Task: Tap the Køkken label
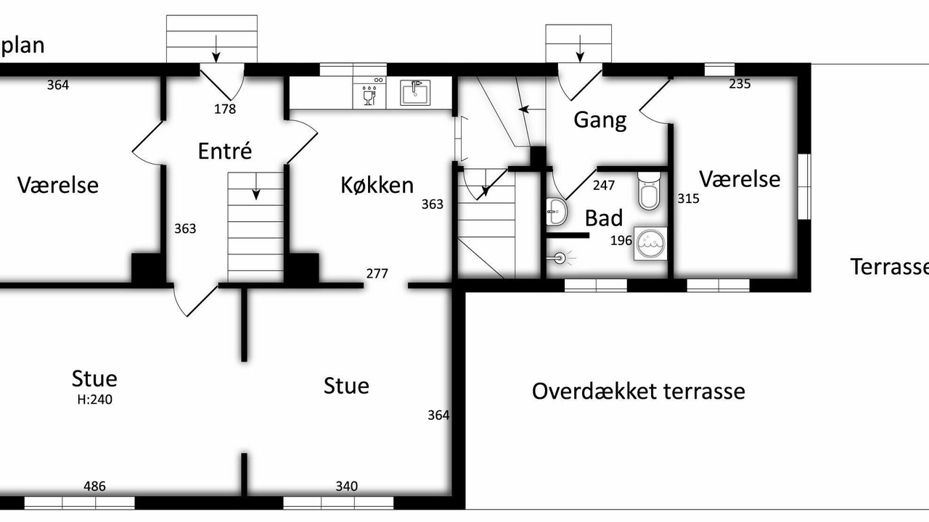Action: pyautogui.click(x=377, y=185)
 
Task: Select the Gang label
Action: pyautogui.click(x=600, y=120)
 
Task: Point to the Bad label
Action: pyautogui.click(x=604, y=218)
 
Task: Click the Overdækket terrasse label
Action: pyautogui.click(x=638, y=391)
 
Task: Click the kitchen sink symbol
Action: pyautogui.click(x=414, y=93)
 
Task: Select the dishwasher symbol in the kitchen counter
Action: pyautogui.click(x=369, y=92)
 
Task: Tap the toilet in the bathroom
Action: pyautogui.click(x=649, y=191)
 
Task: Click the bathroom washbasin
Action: pyautogui.click(x=556, y=212)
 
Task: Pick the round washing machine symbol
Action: pyautogui.click(x=651, y=244)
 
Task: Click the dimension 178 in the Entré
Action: pyautogui.click(x=225, y=109)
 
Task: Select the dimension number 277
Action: pyautogui.click(x=377, y=273)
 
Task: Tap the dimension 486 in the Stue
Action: pyautogui.click(x=94, y=486)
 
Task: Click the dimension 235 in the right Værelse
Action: pyautogui.click(x=740, y=84)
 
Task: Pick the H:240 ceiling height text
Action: pyautogui.click(x=94, y=399)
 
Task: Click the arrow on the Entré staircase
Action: pyautogui.click(x=256, y=186)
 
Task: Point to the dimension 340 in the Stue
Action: pyautogui.click(x=347, y=486)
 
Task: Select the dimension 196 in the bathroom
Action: pyautogui.click(x=621, y=240)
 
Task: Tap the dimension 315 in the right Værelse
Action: pyautogui.click(x=689, y=199)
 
